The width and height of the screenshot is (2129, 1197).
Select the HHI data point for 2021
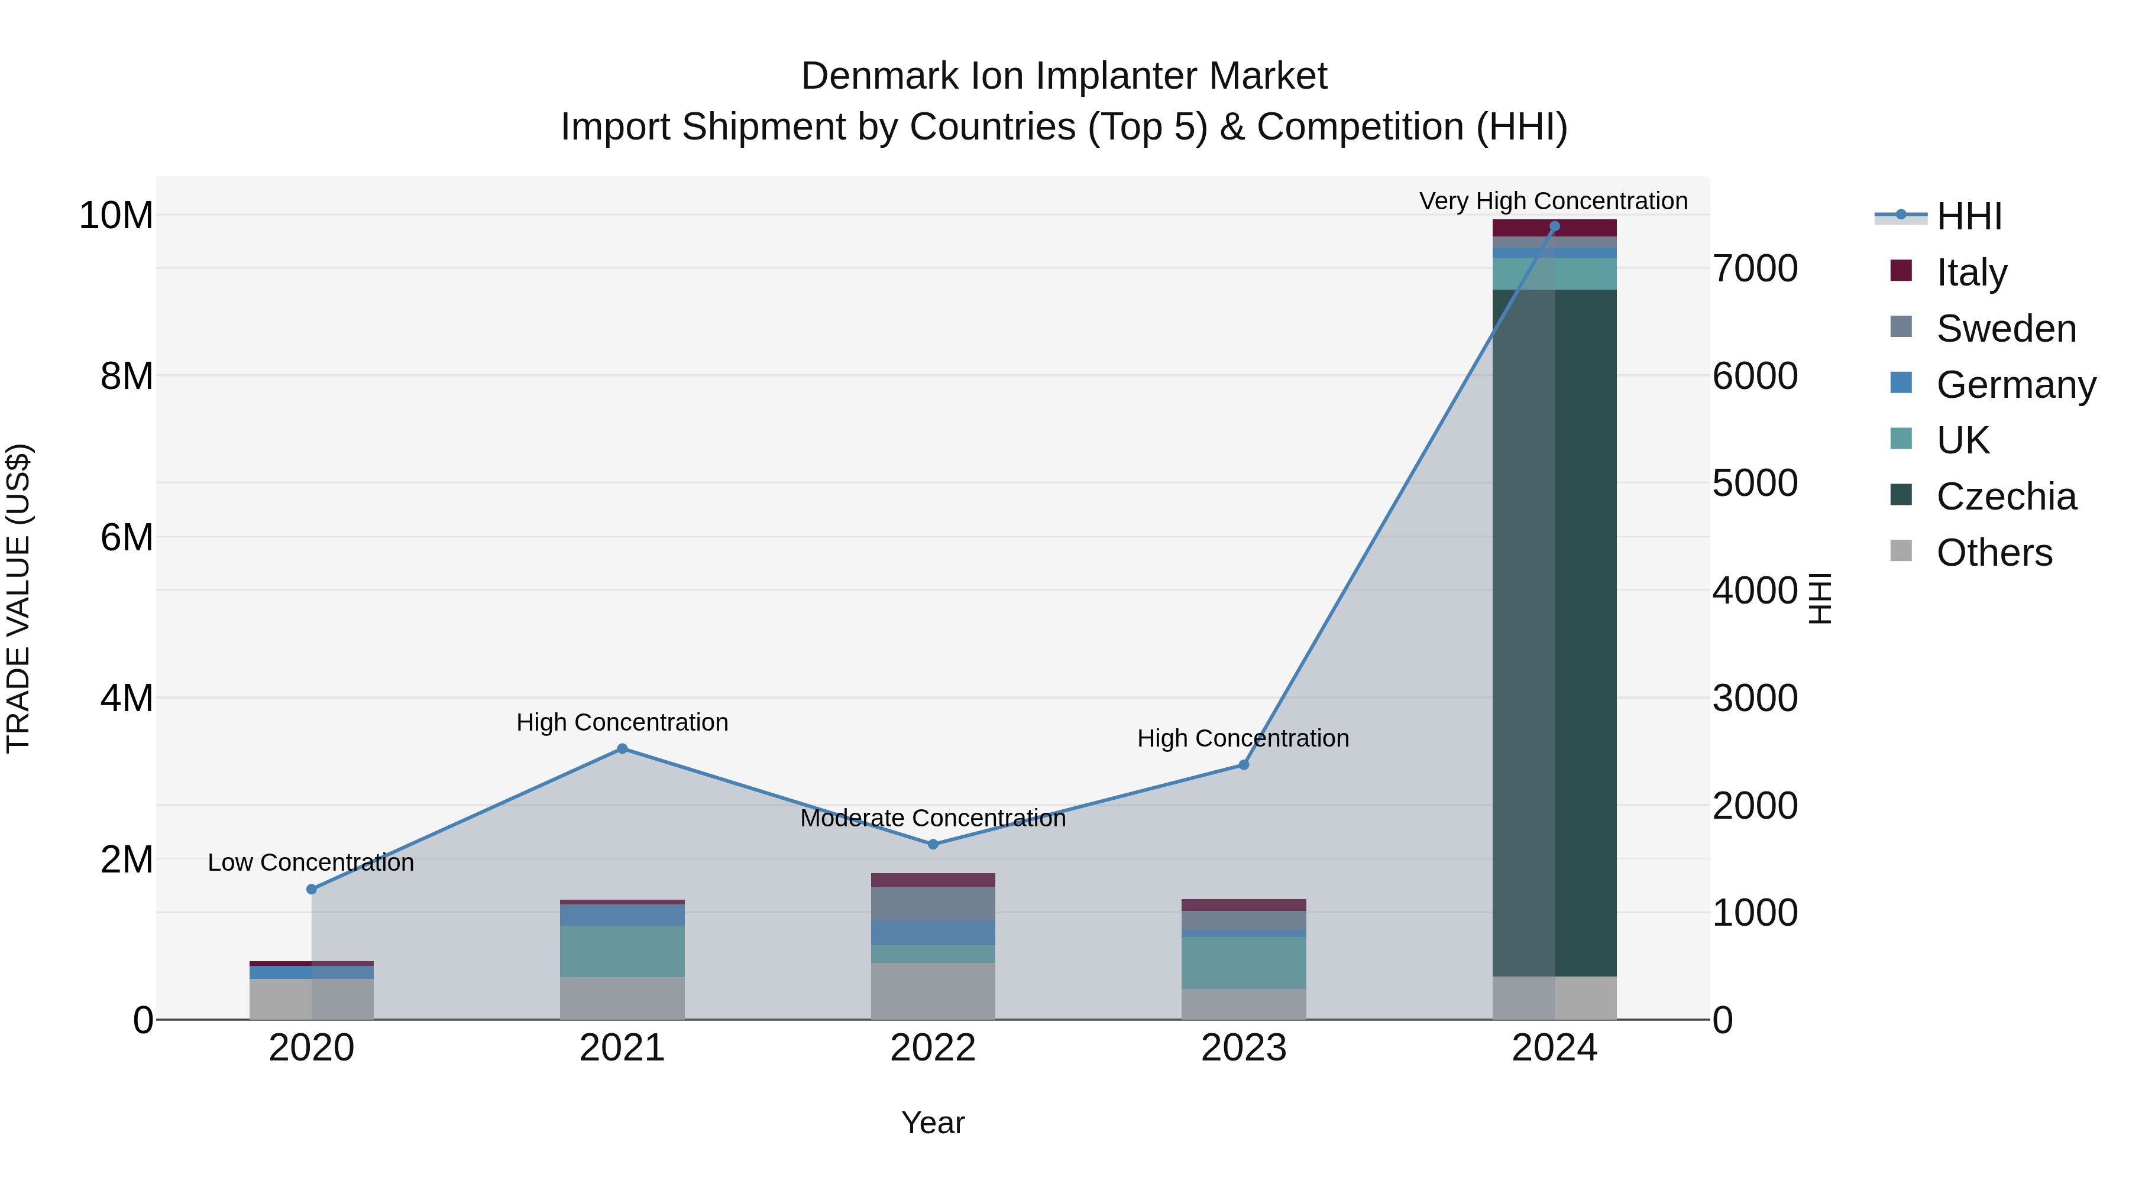622,748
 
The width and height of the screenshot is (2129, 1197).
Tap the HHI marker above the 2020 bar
312,889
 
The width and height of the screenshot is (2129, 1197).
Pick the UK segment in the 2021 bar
622,951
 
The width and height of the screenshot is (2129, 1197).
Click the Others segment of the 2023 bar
1243,1004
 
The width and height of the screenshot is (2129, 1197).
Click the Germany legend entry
2015,384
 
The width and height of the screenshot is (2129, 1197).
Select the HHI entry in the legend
1969,216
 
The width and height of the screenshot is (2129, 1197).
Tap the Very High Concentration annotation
1553,201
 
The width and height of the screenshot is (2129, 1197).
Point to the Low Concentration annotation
310,862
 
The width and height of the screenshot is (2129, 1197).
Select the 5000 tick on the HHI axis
1755,484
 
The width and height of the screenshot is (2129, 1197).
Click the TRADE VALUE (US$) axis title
19,598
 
